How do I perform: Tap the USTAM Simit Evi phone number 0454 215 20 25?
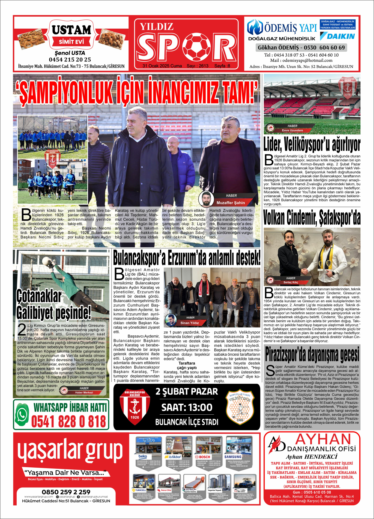[x=70, y=60]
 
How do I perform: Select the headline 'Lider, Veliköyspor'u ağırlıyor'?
[x=312, y=145]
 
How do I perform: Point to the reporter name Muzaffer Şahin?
[x=231, y=203]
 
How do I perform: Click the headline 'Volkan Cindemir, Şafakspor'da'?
[x=312, y=217]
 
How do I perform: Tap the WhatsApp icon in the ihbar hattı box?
[x=22, y=414]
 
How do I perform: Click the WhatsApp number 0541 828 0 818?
[x=68, y=421]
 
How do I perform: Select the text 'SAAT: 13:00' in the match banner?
[x=187, y=407]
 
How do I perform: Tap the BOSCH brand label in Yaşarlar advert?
[x=203, y=457]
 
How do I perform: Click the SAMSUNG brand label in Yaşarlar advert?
[x=233, y=457]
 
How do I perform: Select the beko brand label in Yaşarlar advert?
[x=143, y=456]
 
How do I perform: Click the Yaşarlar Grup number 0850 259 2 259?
[x=66, y=492]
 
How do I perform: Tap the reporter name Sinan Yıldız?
[x=189, y=323]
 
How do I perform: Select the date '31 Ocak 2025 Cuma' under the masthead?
[x=162, y=66]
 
